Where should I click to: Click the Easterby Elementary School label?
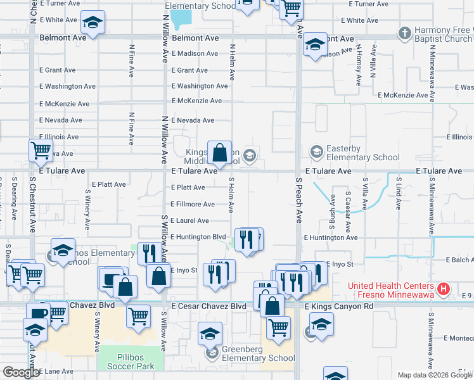[x=362, y=153]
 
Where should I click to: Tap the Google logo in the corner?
[x=21, y=372]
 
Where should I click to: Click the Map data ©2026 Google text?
[x=435, y=375]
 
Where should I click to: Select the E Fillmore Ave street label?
[x=193, y=204]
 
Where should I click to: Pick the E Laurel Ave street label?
[x=189, y=220]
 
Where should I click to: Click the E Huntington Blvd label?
[x=198, y=237]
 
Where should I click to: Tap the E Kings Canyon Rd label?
[x=339, y=307]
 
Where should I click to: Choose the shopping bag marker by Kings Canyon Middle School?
[x=219, y=153]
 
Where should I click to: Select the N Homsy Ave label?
[x=358, y=65]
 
